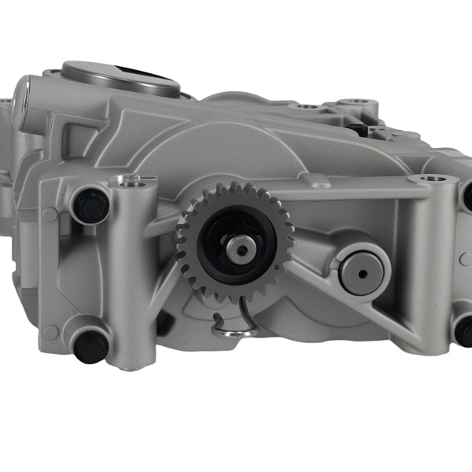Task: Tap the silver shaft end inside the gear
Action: click(x=239, y=251)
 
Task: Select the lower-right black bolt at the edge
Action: click(x=464, y=330)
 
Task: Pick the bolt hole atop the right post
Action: click(x=429, y=180)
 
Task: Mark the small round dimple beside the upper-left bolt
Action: click(x=51, y=215)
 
